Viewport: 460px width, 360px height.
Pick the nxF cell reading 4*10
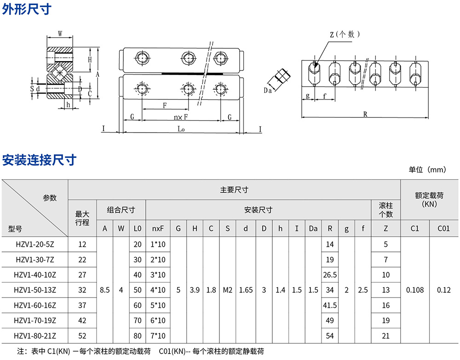point(158,290)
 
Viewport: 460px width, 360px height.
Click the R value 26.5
point(330,275)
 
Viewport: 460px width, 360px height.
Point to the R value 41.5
point(330,305)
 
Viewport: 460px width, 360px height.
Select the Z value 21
point(386,336)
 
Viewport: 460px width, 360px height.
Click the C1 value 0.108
point(415,290)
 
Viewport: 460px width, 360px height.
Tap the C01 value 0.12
point(444,290)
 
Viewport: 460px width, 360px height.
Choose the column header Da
point(313,228)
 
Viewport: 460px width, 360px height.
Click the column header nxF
point(158,228)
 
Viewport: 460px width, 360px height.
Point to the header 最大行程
point(82,218)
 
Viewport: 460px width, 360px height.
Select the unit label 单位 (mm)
point(427,170)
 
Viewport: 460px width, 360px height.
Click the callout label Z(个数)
point(345,34)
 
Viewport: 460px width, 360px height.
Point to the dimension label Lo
point(181,129)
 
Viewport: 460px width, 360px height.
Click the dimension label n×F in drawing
point(181,117)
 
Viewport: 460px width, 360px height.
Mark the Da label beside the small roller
point(268,91)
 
